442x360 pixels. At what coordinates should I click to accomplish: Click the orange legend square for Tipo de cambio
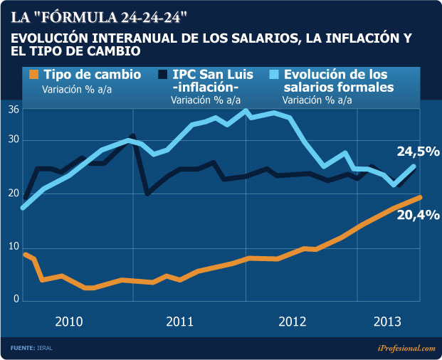tap(33, 75)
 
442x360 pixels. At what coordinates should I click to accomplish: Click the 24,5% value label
tap(417, 152)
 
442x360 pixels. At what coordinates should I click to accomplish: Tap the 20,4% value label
tap(417, 215)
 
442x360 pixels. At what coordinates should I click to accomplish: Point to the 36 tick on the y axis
tap(13, 110)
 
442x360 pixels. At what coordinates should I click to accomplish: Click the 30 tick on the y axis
tap(13, 140)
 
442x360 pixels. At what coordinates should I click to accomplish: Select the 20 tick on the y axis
tap(13, 194)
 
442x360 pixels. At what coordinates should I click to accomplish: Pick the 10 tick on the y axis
tap(13, 246)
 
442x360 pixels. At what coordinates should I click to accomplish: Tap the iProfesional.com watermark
tap(405, 348)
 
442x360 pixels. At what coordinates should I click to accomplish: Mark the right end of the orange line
tap(421, 197)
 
